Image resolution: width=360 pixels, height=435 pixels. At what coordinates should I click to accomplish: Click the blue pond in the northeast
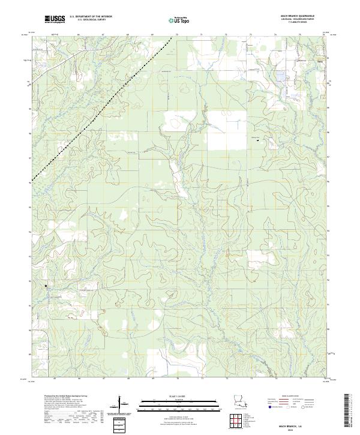[x=280, y=77]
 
